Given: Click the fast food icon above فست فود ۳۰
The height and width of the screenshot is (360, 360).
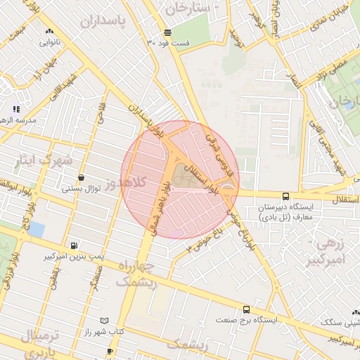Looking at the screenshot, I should coord(167,32).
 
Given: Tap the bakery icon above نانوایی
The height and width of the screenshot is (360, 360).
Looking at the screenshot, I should coord(49,32).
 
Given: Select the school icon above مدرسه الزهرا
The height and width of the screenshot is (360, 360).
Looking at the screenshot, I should coord(16,109).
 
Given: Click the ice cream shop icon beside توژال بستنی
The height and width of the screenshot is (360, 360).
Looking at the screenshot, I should coord(82,178).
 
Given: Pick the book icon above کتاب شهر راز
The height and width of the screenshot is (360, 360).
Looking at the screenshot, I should coord(105,321).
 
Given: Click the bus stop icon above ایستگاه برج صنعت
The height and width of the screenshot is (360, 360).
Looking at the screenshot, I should coord(246,309).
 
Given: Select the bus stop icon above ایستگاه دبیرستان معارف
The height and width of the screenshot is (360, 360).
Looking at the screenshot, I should coord(285,197).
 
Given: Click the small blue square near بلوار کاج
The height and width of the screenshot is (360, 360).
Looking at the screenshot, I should coord(37,229).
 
